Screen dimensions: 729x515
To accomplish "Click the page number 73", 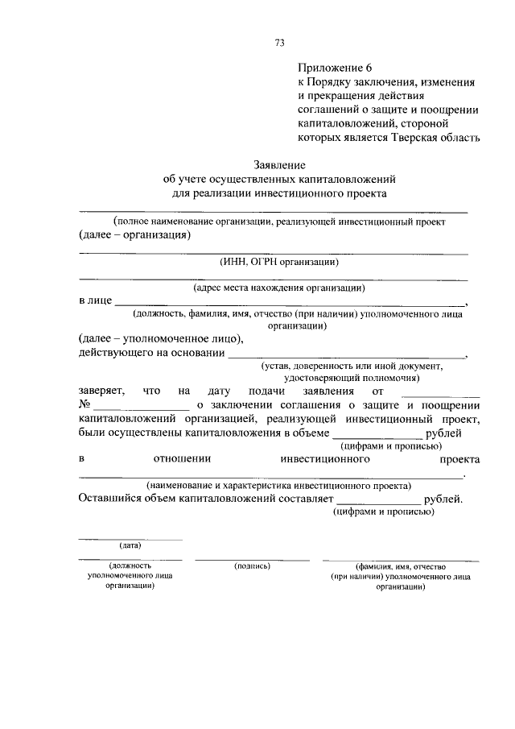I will coord(279,43).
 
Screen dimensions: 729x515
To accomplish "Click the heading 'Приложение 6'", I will coord(332,68).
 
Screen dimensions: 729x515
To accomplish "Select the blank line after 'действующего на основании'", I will coord(346,354).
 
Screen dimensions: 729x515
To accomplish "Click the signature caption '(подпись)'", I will coord(252,566).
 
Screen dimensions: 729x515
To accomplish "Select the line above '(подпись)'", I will coord(252,559).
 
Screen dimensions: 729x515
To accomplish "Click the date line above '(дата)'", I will coord(130,538).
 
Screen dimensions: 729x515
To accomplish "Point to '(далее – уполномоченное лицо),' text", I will coord(161,339).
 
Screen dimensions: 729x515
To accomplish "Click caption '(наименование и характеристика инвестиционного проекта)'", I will coord(278,486).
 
